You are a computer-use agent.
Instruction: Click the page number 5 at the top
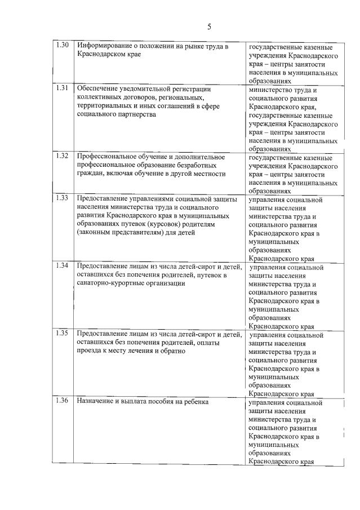click(x=209, y=26)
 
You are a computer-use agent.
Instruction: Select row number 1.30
click(x=63, y=46)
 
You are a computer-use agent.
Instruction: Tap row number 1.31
click(x=63, y=88)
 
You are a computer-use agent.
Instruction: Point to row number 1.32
click(x=63, y=157)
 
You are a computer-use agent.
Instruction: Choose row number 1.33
click(x=63, y=199)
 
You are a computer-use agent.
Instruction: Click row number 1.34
click(x=63, y=267)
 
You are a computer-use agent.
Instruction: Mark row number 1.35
click(x=63, y=334)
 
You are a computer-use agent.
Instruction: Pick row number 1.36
click(x=63, y=402)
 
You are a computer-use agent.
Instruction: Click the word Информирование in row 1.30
click(x=103, y=46)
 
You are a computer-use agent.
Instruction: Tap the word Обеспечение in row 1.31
click(x=97, y=88)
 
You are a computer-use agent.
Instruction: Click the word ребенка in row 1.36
click(x=195, y=402)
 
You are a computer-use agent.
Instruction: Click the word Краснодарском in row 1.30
click(x=102, y=55)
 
